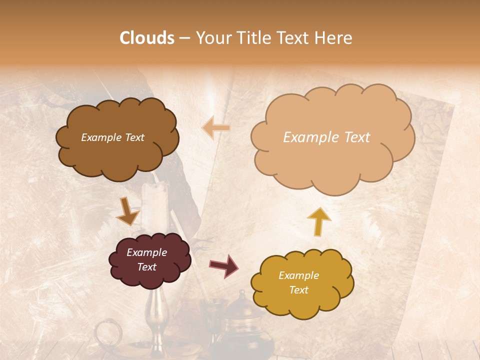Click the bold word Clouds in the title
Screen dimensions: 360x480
147,38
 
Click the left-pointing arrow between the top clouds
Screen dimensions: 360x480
216,128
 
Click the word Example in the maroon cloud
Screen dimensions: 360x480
146,252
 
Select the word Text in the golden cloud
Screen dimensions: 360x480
298,290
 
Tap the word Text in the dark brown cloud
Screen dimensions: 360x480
133,137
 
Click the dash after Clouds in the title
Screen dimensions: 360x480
184,38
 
